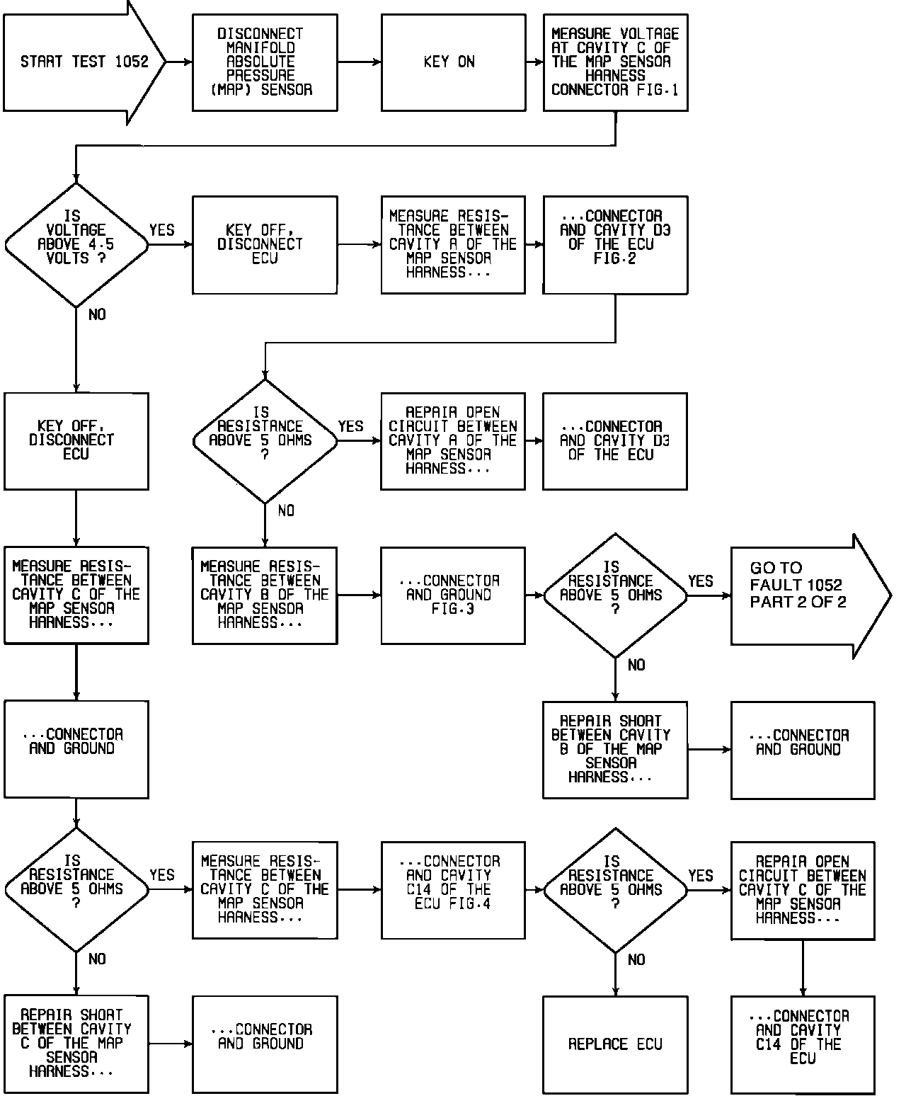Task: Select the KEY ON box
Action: (453, 62)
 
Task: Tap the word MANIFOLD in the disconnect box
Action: (260, 47)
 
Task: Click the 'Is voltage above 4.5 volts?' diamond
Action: (76, 245)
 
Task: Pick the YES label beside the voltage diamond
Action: (161, 230)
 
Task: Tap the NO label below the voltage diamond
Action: (97, 314)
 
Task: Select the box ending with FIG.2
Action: (614, 244)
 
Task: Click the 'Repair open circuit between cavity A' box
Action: (453, 440)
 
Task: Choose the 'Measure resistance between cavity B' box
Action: (264, 595)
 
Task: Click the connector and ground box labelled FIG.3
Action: (453, 595)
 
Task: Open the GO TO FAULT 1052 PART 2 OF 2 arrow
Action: (807, 596)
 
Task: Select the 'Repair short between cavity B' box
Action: (614, 749)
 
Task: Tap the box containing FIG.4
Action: (453, 889)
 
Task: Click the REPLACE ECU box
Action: (614, 1044)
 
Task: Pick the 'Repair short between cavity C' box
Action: (76, 1044)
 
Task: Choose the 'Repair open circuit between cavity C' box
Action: (803, 890)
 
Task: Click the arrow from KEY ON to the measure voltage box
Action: (534, 62)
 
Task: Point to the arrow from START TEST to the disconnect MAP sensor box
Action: (179, 62)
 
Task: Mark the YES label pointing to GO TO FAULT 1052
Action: (700, 581)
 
